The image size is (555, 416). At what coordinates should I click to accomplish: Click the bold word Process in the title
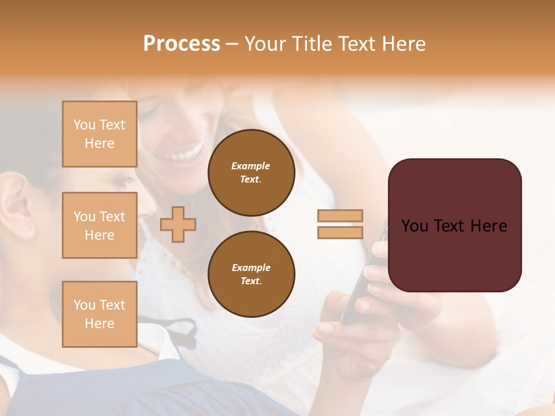182,44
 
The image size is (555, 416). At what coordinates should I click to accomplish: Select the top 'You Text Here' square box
99,134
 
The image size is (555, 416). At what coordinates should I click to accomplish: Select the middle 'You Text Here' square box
99,225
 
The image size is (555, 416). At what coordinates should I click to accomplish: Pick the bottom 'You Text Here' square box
99,314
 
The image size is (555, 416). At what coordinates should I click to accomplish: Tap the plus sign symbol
178,224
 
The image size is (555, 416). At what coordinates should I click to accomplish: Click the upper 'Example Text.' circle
251,173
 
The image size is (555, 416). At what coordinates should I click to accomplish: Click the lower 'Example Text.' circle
251,274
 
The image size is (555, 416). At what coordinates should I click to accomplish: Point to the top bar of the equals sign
340,216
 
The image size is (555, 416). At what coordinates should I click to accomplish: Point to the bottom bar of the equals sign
340,232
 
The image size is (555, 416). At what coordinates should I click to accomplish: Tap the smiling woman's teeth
184,155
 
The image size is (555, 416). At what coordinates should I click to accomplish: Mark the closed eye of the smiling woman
147,110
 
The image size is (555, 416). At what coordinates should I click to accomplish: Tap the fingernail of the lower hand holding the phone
325,328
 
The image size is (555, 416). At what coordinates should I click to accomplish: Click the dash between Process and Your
232,44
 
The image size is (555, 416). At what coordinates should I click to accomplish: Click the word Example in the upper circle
251,166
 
